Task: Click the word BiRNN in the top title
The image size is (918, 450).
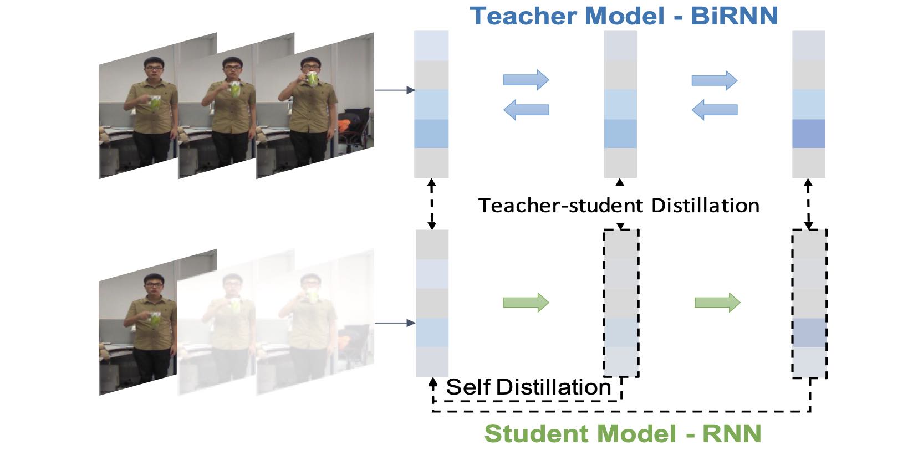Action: click(x=734, y=16)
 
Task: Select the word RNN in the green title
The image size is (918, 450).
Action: click(x=732, y=433)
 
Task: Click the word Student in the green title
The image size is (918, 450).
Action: click(x=538, y=433)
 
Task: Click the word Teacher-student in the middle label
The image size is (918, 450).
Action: click(x=560, y=206)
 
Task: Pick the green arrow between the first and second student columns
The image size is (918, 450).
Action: click(x=526, y=303)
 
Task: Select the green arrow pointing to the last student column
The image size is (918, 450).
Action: click(x=717, y=303)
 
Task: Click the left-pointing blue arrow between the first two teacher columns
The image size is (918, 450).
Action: click(x=526, y=110)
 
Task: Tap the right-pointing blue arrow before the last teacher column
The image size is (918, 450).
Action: click(x=715, y=80)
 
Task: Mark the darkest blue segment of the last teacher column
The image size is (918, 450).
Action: click(x=809, y=134)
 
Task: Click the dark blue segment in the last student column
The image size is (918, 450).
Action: click(x=809, y=333)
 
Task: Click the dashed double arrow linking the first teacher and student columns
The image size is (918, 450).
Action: click(x=431, y=204)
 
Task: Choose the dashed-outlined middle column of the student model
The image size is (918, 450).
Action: click(x=621, y=303)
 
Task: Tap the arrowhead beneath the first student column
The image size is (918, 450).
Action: click(x=433, y=382)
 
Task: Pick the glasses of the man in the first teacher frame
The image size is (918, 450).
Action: click(x=154, y=69)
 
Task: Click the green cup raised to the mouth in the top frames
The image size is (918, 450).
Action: click(x=313, y=79)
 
